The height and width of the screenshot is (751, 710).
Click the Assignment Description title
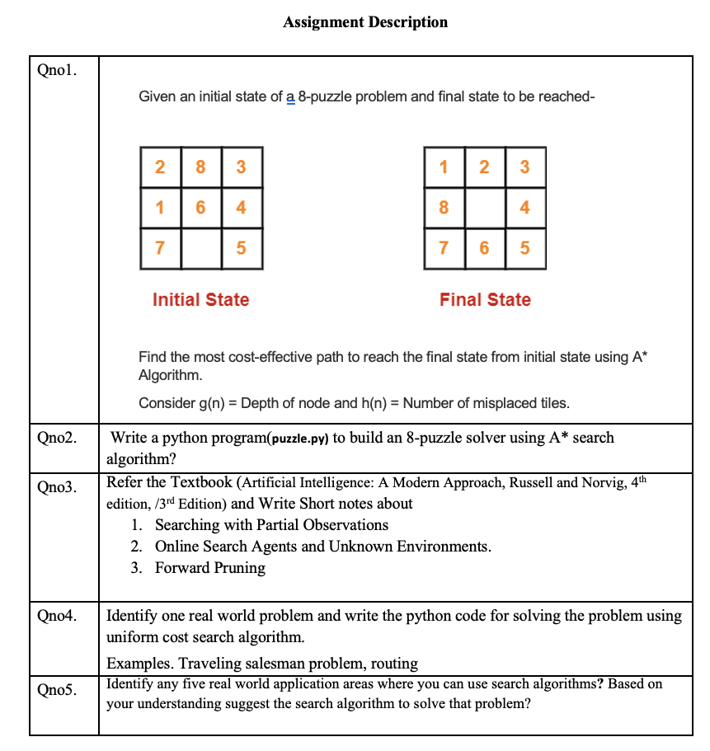[x=365, y=22]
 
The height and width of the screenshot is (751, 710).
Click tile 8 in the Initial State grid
[x=200, y=167]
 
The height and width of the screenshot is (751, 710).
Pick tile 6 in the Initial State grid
[x=200, y=207]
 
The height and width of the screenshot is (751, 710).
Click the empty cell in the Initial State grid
[x=200, y=247]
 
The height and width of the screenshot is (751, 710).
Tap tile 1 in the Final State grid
[x=444, y=167]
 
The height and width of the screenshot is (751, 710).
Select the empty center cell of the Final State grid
[x=484, y=207]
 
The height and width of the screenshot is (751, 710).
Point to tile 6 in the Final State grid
[x=484, y=247]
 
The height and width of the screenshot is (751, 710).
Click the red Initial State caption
[x=200, y=300]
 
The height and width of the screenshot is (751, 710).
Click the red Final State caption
[x=485, y=300]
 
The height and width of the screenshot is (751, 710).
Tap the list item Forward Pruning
[x=210, y=568]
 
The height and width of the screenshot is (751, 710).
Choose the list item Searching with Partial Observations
[x=271, y=525]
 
